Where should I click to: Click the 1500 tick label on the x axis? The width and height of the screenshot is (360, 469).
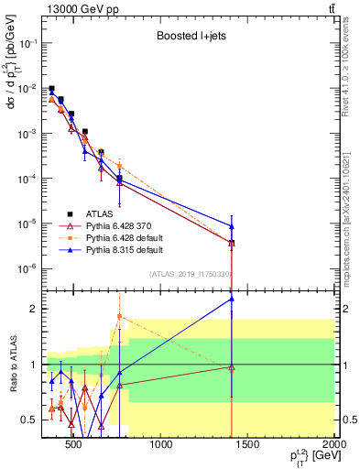pyautogui.click(x=249, y=447)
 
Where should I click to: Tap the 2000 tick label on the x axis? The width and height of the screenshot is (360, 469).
pyautogui.click(x=334, y=447)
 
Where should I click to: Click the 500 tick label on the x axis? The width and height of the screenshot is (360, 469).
pyautogui.click(x=75, y=447)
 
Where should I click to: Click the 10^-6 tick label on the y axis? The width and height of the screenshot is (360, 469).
pyautogui.click(x=27, y=268)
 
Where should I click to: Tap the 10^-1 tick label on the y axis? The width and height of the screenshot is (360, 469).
pyautogui.click(x=27, y=43)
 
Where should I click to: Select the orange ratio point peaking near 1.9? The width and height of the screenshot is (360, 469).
pyautogui.click(x=119, y=316)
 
